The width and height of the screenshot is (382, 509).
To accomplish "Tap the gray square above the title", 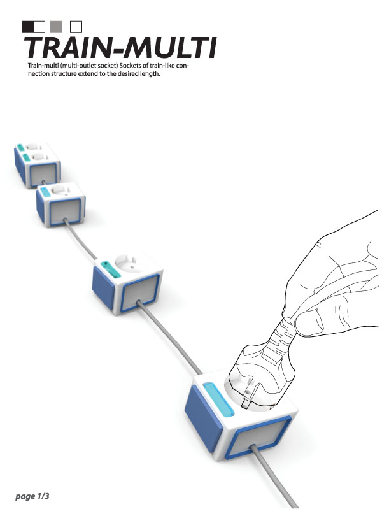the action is click(x=56, y=27).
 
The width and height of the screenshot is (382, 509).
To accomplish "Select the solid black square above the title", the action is click(x=27, y=27).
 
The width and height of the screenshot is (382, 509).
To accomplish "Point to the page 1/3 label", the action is click(x=32, y=496).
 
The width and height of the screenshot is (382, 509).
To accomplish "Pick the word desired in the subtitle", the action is click(x=127, y=74).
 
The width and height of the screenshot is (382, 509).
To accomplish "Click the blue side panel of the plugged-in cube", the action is click(x=203, y=419).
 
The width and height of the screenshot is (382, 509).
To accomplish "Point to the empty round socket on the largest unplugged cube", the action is click(x=132, y=264).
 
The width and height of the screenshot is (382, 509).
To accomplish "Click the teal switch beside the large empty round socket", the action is click(x=111, y=269).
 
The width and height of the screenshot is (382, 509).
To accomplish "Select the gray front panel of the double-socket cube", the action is click(x=43, y=174).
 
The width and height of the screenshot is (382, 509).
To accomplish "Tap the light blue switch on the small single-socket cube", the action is click(x=45, y=192).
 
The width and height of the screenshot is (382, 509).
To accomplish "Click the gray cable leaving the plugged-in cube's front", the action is click(x=272, y=475).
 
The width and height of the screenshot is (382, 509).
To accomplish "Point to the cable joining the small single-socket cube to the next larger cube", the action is click(x=80, y=239).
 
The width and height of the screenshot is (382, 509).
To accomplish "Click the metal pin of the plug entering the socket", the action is click(x=246, y=403).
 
